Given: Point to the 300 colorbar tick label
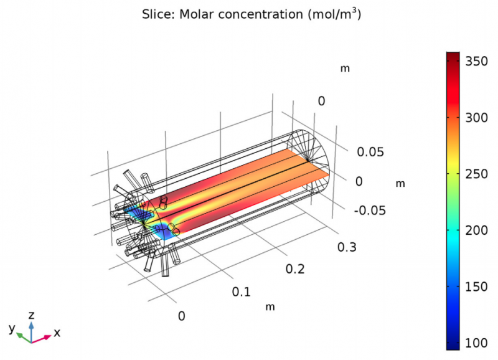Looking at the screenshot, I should pos(477,120).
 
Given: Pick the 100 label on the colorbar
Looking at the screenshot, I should pos(477,342).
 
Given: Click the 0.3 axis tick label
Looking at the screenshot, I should pos(346,247).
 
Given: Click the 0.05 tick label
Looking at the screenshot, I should pos(370,152).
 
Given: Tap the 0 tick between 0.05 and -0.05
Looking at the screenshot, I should pos(359,181).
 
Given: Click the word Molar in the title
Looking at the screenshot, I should pos(195,15).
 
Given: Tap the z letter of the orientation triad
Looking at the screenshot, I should pos(31,315).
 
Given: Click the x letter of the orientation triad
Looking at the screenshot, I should pos(57,333).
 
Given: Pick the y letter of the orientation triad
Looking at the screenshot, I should pos(11,328).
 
